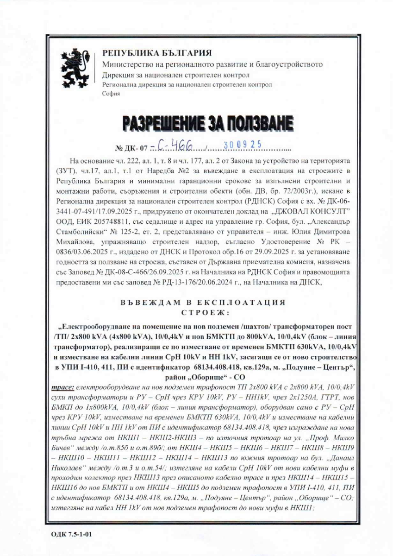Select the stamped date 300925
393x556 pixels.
tap(243, 145)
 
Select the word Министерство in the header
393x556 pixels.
tap(126, 64)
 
